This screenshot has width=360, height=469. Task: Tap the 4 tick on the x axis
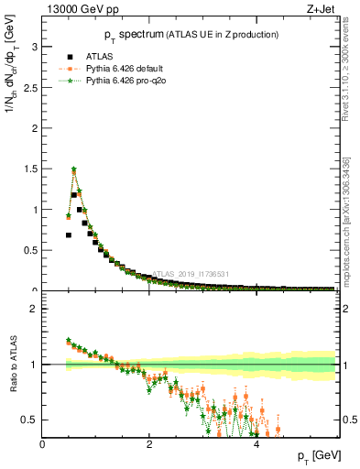tap(256, 444)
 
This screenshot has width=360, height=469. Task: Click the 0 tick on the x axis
tap(42, 444)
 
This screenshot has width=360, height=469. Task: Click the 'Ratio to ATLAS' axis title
tap(12, 365)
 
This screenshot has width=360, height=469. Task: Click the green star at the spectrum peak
tap(73, 169)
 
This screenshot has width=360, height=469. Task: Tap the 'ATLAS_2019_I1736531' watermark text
tap(190, 274)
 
